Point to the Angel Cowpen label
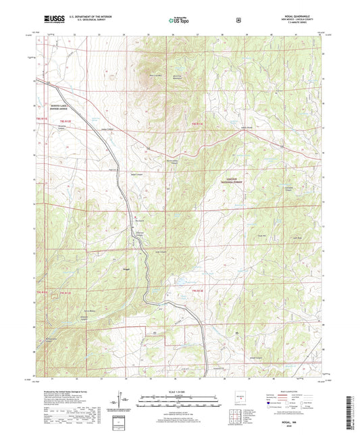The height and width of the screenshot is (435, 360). click(x=136, y=174)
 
